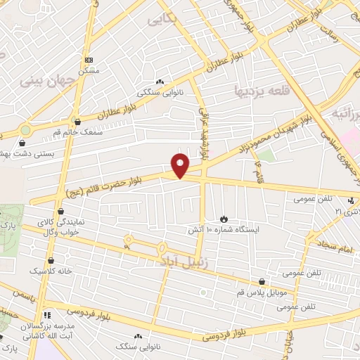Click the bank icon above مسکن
[x=88, y=60]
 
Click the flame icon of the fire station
[x=224, y=219]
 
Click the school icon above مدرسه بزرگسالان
[x=48, y=316]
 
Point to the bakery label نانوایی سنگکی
[x=159, y=91]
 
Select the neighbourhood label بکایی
[x=160, y=20]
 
